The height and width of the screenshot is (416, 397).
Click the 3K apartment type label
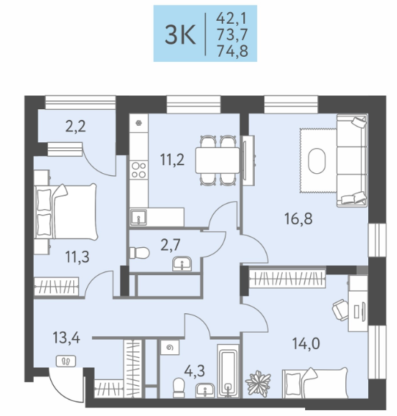point(180,34)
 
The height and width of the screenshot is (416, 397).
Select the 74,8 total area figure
point(233,51)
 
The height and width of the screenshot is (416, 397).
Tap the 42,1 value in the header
point(231,18)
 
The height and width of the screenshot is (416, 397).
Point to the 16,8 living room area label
point(299,219)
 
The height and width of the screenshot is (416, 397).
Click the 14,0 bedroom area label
point(306,343)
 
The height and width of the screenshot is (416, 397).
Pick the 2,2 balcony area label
point(75,126)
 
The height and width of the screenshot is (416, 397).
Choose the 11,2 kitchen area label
point(172,160)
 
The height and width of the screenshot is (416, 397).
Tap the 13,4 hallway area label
point(66,338)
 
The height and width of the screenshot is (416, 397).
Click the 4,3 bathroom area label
point(195,371)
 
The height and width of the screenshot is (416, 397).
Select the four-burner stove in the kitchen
point(139,170)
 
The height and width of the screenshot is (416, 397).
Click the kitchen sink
point(139,217)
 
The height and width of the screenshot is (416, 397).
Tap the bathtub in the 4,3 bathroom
point(228,371)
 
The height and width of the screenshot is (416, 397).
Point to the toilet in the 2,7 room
point(140,253)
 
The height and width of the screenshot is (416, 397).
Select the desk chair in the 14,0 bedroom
point(340,310)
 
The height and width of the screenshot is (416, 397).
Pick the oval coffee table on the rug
point(317,161)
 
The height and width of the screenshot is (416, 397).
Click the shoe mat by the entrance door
point(66,361)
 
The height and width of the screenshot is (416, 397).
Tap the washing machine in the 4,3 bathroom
point(170,347)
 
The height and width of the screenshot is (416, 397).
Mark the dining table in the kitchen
point(218,160)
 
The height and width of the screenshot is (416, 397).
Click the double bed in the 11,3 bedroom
point(66,211)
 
